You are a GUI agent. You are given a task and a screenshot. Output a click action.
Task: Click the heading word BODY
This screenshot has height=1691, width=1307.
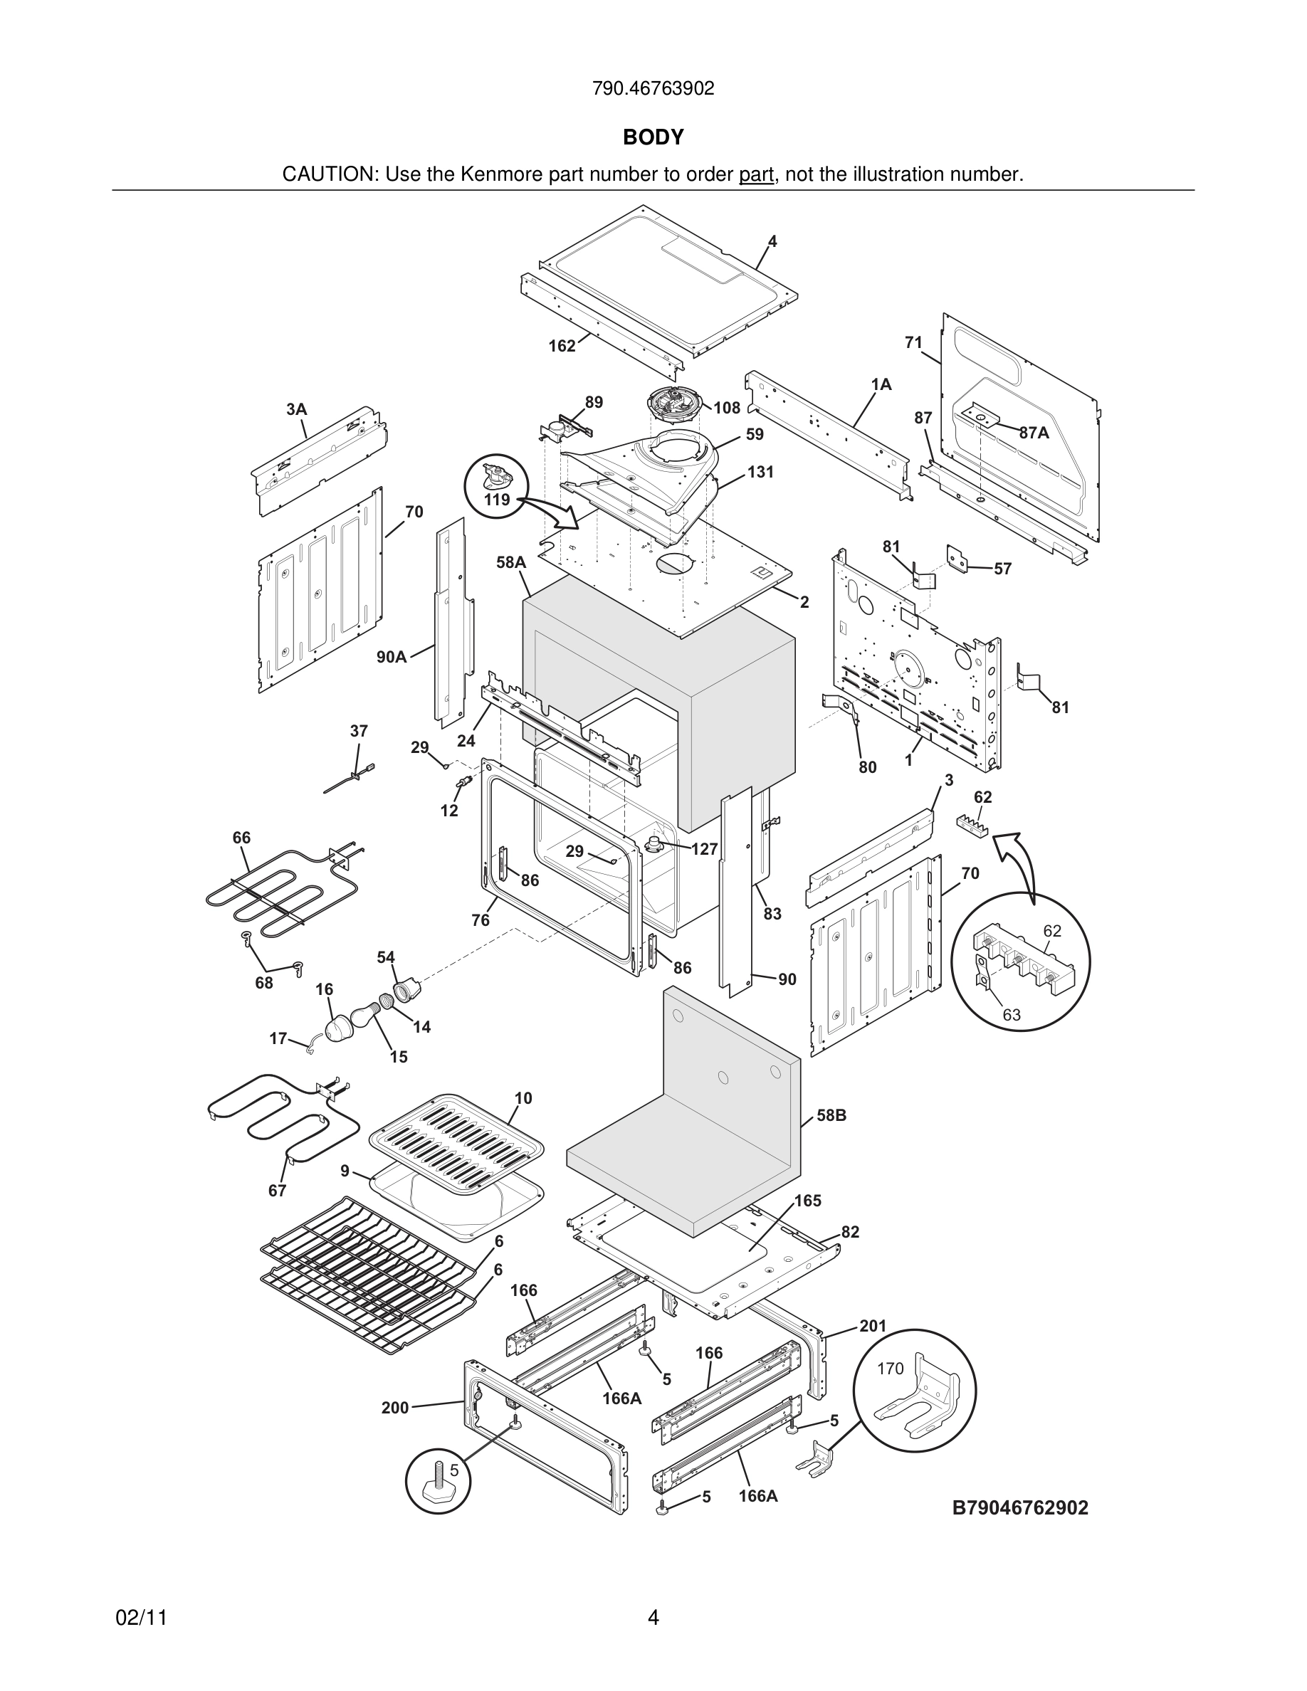coord(653,137)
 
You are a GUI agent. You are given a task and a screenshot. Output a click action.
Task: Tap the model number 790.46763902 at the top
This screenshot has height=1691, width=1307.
coord(653,89)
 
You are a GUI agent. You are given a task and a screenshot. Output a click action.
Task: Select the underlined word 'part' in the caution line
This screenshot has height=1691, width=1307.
coord(756,175)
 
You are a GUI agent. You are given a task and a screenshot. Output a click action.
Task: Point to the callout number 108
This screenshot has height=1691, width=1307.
coord(726,408)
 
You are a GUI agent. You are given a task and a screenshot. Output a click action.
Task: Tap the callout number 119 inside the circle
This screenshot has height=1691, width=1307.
coord(496,500)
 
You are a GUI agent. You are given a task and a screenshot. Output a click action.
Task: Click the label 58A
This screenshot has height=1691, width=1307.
coord(511,562)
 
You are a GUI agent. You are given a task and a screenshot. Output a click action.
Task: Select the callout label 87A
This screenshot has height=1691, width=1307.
coord(1034,433)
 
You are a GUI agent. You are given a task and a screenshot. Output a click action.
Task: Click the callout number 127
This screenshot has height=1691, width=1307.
coord(705,849)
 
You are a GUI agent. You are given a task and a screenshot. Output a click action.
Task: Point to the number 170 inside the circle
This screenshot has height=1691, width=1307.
coord(890,1368)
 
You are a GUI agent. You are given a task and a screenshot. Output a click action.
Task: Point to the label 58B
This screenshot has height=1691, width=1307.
coord(831,1115)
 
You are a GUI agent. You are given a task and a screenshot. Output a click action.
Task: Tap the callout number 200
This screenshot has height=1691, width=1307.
coord(395,1408)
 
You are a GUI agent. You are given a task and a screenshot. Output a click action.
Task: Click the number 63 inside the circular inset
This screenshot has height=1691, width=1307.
coord(1012,1014)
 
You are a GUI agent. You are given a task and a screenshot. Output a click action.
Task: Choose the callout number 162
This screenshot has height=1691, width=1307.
coord(562,346)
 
